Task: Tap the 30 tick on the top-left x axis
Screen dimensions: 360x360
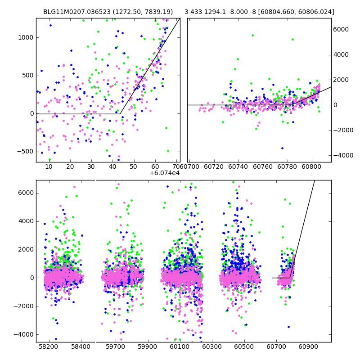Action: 91,167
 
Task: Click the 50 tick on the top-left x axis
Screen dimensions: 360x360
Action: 134,167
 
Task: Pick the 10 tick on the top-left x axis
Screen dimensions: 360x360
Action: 49,167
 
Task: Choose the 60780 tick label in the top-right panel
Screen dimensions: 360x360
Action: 293,167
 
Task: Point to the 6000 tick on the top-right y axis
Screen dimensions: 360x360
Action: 341,29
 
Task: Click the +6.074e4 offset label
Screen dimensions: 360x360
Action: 165,173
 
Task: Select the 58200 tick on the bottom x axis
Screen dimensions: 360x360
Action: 48,347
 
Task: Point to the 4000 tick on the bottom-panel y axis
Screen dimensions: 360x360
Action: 26,221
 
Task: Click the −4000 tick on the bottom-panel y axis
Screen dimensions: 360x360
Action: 24,334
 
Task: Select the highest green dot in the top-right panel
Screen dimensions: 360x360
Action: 252,35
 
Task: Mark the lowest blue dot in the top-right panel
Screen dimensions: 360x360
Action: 283,148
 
